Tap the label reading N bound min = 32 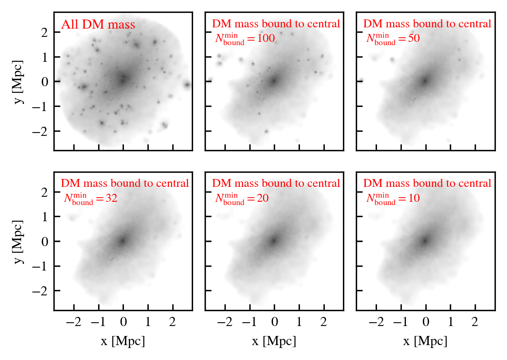tap(90, 199)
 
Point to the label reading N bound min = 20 tap(241, 199)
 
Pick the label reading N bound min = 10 tap(393, 199)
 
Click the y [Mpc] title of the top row tap(19, 82)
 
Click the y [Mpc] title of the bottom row tap(19, 241)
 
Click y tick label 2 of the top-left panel tap(45, 32)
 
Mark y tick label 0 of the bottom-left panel tap(45, 241)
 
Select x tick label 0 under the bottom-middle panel tap(274, 322)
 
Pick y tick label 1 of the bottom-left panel tap(45, 216)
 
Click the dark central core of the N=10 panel tap(425, 240)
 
